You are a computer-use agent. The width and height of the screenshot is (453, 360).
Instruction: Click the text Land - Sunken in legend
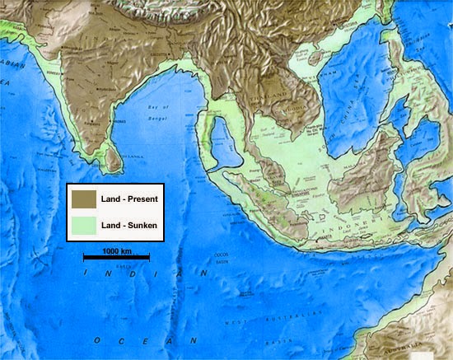pos(128,222)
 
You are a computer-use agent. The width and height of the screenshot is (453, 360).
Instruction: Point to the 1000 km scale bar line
pos(116,258)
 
